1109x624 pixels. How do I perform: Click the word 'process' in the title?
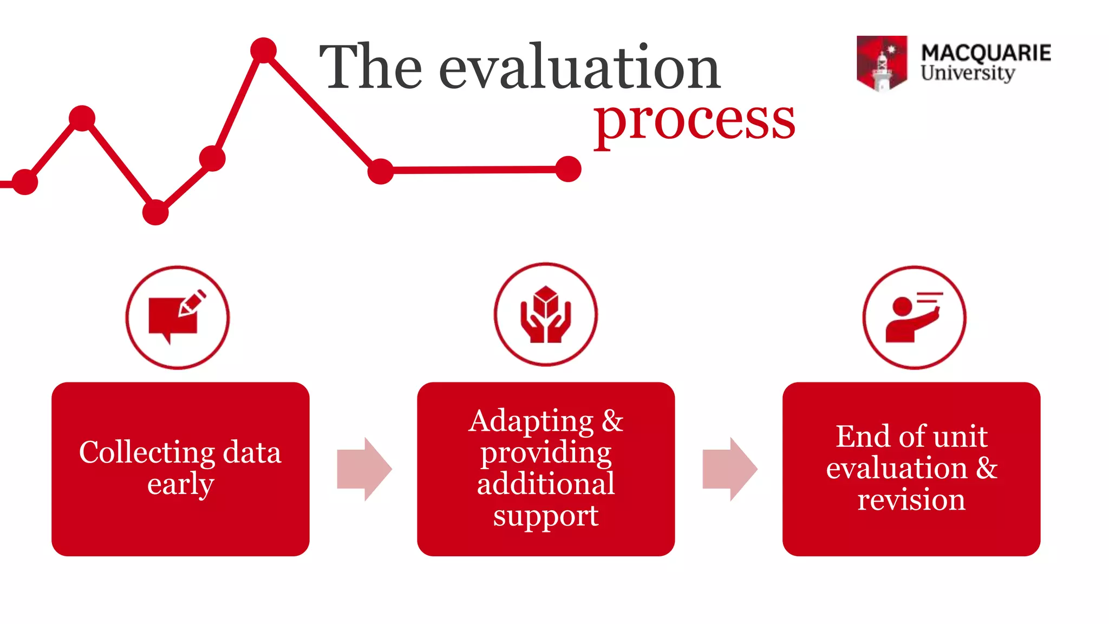click(x=694, y=120)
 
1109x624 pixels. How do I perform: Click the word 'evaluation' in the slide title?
click(x=579, y=67)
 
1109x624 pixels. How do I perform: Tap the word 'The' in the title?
click(x=371, y=67)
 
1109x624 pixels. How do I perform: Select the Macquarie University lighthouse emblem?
click(x=882, y=63)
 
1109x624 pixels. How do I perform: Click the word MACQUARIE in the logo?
click(x=986, y=53)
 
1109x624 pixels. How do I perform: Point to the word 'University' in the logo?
click(x=968, y=73)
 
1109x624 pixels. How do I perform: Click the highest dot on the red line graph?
click(x=264, y=50)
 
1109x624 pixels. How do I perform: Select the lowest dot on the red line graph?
click(x=155, y=212)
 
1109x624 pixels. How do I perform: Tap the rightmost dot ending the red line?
click(x=568, y=169)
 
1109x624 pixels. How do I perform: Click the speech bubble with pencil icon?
click(x=177, y=317)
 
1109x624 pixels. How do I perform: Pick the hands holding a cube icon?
click(x=545, y=315)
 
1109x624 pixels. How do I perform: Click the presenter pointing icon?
click(x=914, y=318)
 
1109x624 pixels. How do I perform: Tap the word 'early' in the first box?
click(x=180, y=484)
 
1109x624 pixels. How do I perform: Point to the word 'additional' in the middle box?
click(x=545, y=484)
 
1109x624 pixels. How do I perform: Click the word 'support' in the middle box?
click(x=545, y=516)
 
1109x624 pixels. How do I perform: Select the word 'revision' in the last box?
click(x=911, y=499)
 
